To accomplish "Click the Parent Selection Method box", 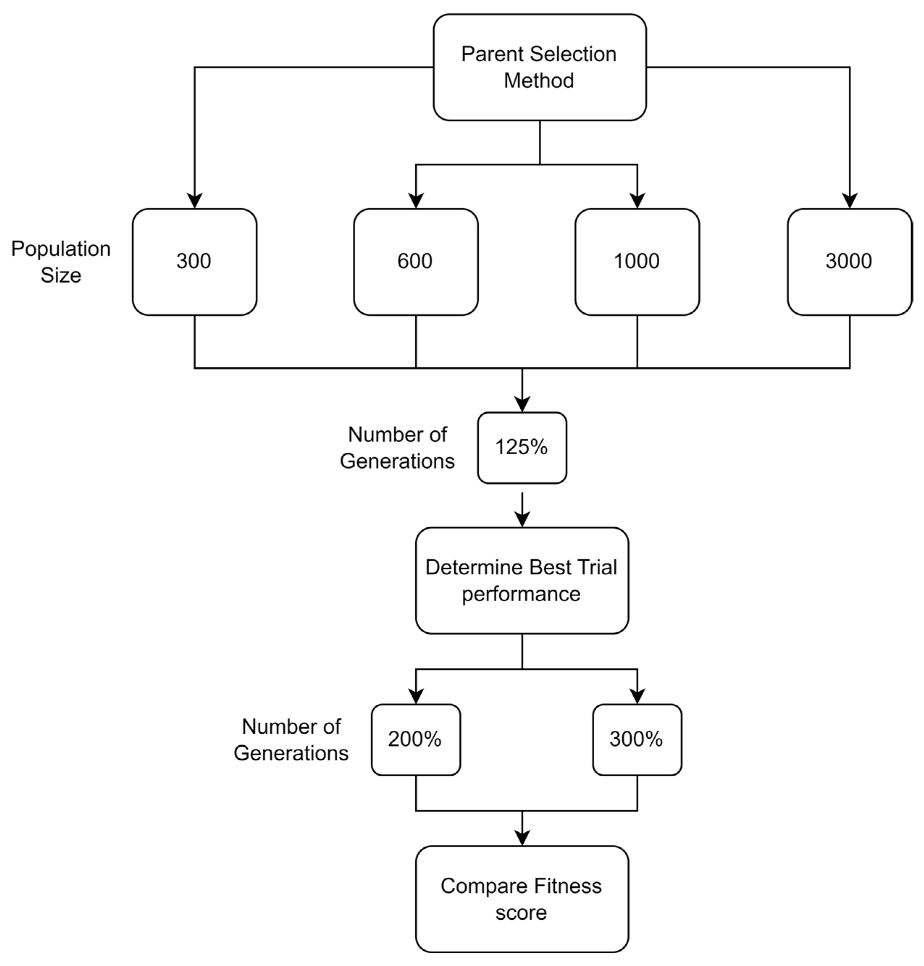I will click(539, 67).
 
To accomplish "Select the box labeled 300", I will click(194, 261).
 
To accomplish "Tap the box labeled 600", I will click(415, 261).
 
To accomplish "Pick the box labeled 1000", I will click(637, 261).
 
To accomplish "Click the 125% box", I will click(522, 448).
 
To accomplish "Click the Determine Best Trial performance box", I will click(522, 581).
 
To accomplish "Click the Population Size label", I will click(60, 262).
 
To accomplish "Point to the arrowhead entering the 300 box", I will click(194, 201).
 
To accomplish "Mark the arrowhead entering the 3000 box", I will click(850, 201).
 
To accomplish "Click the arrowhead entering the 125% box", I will click(522, 405).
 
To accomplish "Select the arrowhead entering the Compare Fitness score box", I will click(522, 839).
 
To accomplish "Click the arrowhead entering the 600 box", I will click(416, 201).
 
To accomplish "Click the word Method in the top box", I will click(538, 81).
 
